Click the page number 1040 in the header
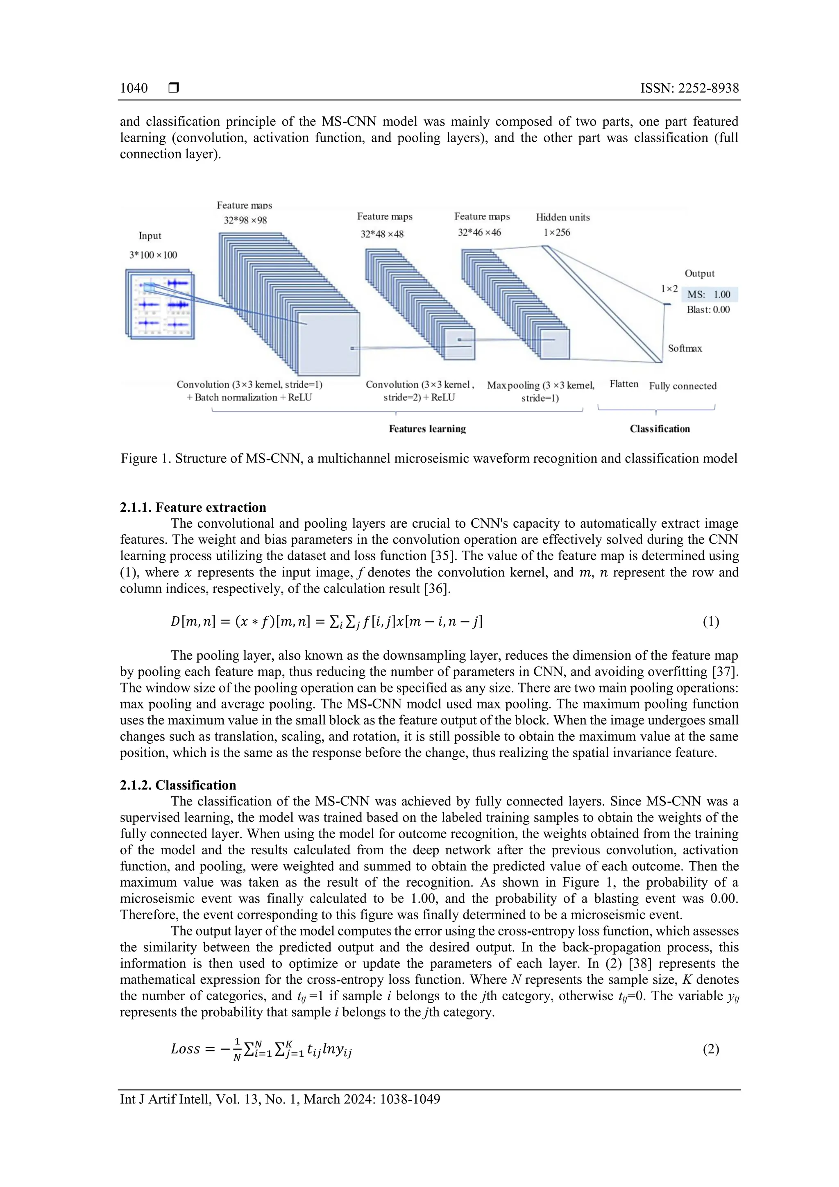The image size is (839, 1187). pyautogui.click(x=134, y=89)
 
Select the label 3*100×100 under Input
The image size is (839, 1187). pyautogui.click(x=153, y=255)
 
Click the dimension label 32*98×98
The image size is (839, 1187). pyautogui.click(x=245, y=220)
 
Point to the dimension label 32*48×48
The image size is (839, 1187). pyautogui.click(x=382, y=234)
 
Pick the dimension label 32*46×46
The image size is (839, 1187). pyautogui.click(x=479, y=233)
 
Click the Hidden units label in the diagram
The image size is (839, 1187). pyautogui.click(x=562, y=218)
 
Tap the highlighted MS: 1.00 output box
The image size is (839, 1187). pyautogui.click(x=709, y=295)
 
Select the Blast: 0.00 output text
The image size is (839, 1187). pyautogui.click(x=708, y=310)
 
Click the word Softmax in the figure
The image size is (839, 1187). pyautogui.click(x=685, y=348)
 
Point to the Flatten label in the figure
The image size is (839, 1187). pyautogui.click(x=624, y=384)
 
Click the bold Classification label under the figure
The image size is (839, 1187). pyautogui.click(x=659, y=429)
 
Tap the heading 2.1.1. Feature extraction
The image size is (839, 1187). pyautogui.click(x=193, y=507)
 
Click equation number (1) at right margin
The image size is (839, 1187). pyautogui.click(x=710, y=622)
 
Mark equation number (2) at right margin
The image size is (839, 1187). pyautogui.click(x=710, y=1049)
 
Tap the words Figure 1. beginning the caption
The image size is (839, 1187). pyautogui.click(x=146, y=458)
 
